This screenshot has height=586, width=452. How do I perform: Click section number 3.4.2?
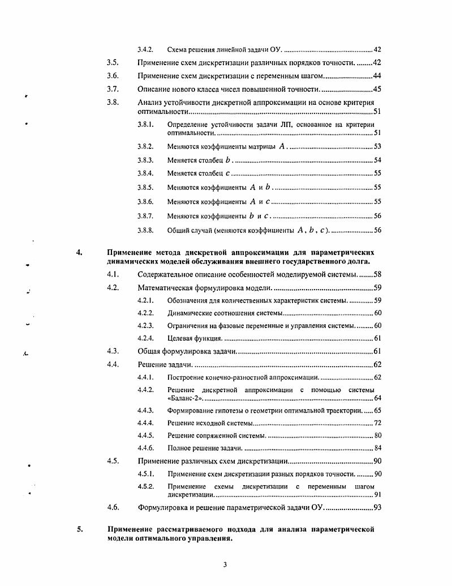[145, 50]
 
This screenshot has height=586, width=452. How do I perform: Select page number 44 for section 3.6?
[377, 76]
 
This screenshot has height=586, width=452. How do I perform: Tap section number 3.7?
[112, 89]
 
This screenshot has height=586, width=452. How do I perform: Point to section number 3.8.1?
[145, 124]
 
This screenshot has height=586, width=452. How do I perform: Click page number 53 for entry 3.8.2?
[377, 147]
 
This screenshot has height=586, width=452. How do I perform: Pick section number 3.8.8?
[145, 230]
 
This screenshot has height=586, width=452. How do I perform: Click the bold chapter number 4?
[79, 252]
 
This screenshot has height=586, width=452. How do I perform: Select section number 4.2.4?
[145, 338]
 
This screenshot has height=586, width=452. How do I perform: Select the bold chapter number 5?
[79, 529]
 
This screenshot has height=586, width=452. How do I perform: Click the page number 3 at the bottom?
[225, 564]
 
